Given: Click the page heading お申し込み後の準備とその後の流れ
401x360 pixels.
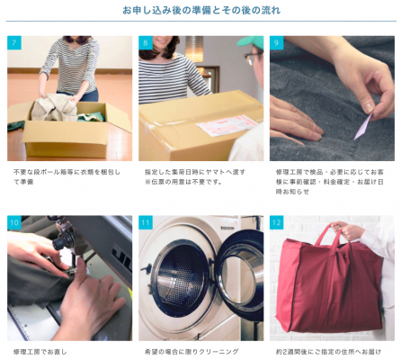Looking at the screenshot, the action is tap(201, 10).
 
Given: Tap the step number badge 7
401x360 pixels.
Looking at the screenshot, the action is tap(14, 42).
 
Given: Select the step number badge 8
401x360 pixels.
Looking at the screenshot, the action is tap(146, 42).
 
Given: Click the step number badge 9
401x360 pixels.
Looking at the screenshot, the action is tap(276, 42).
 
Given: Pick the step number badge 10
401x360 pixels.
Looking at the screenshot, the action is tap(14, 222).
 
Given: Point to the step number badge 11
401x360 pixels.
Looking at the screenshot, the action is tap(146, 222).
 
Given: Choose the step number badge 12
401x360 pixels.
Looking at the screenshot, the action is tap(276, 222).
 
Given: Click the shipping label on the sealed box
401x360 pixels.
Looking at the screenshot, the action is tap(227, 124).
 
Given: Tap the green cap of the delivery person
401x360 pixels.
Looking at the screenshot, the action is tap(250, 41).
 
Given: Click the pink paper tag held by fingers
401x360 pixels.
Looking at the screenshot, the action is tap(363, 126).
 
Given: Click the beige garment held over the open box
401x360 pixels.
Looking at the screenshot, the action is tap(54, 107).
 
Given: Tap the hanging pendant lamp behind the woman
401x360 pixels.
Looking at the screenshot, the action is tap(194, 49).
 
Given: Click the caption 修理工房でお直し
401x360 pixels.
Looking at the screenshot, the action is tap(40, 352).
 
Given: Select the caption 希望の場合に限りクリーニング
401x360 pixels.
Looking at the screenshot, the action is tap(192, 352).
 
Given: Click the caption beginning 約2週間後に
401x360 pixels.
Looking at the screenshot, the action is tap(328, 352).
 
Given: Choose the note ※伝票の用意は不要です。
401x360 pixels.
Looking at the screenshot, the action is tap(183, 182).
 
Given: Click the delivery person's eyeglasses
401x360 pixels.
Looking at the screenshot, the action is tap(253, 58).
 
